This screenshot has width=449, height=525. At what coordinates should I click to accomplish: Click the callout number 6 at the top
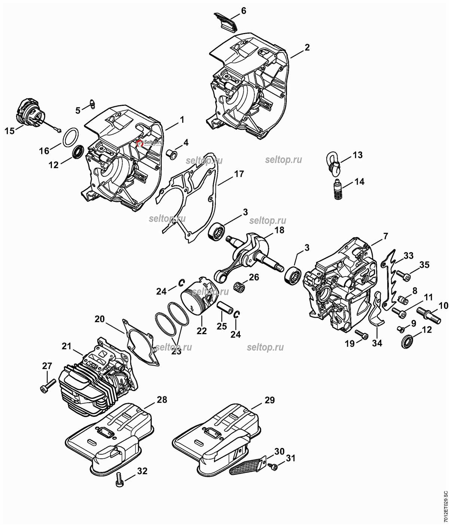click(244, 10)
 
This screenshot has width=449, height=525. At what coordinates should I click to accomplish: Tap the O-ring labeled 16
click(71, 137)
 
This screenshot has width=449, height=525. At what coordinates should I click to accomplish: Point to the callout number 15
click(9, 131)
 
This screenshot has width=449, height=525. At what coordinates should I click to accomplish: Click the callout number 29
click(269, 400)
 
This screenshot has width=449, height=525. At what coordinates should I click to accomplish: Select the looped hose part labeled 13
click(333, 164)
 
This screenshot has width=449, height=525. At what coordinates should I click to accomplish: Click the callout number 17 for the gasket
click(239, 174)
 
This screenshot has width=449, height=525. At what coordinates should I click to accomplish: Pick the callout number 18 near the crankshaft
click(279, 230)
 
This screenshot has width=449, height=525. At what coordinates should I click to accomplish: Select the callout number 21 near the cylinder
click(66, 346)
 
